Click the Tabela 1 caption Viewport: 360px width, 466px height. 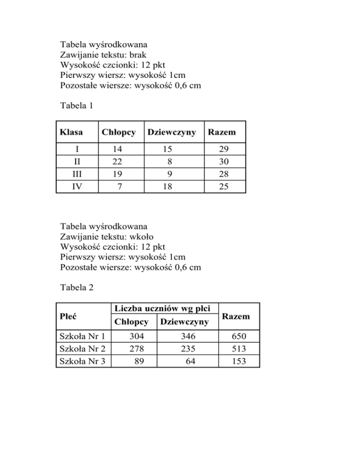click(77, 106)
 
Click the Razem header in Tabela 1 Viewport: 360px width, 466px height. click(222, 133)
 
